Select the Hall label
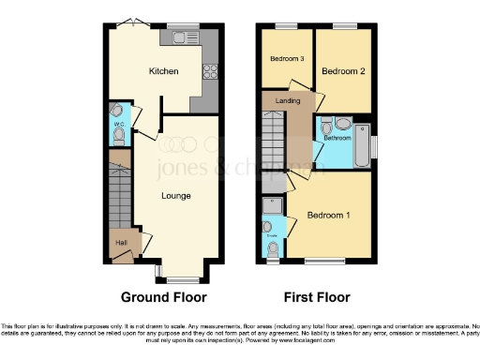[x=121, y=243]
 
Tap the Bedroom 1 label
[x=330, y=216]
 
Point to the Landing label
[x=288, y=106]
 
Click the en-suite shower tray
[x=273, y=204]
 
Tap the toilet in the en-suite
[x=273, y=248]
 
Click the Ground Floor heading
[x=164, y=297]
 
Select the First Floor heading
[x=316, y=297]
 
